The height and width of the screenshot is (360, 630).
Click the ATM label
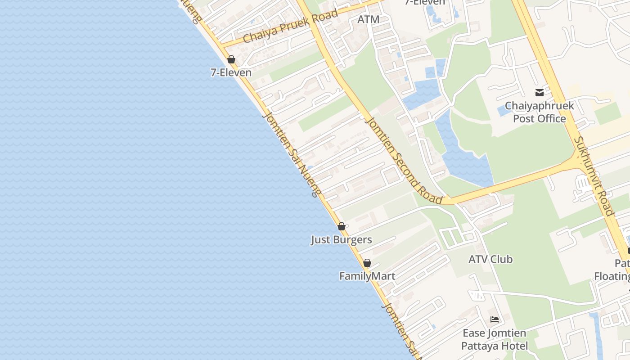pyautogui.click(x=368, y=19)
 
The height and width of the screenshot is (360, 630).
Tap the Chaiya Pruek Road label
pyautogui.click(x=290, y=27)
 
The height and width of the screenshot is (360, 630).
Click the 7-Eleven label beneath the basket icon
pyautogui.click(x=231, y=72)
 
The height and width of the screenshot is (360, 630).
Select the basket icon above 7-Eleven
pyautogui.click(x=231, y=59)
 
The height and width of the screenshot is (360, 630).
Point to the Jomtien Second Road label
pyautogui.click(x=404, y=160)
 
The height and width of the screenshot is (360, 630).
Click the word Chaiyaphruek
pyautogui.click(x=540, y=106)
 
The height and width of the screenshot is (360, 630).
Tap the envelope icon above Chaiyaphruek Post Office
pyautogui.click(x=539, y=93)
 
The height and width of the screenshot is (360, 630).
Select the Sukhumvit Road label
pyautogui.click(x=594, y=175)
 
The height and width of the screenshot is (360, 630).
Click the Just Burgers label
pyautogui.click(x=341, y=239)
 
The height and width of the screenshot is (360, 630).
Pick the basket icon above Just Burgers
pyautogui.click(x=342, y=226)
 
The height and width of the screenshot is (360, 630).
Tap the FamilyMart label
pyautogui.click(x=367, y=276)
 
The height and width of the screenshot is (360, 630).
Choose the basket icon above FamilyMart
pyautogui.click(x=367, y=263)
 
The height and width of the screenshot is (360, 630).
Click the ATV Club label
pyautogui.click(x=490, y=259)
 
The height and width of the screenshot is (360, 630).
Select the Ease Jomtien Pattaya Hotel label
pyautogui.click(x=495, y=339)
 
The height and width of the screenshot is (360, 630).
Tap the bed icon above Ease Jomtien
pyautogui.click(x=495, y=319)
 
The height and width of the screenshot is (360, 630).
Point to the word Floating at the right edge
pyautogui.click(x=612, y=276)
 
